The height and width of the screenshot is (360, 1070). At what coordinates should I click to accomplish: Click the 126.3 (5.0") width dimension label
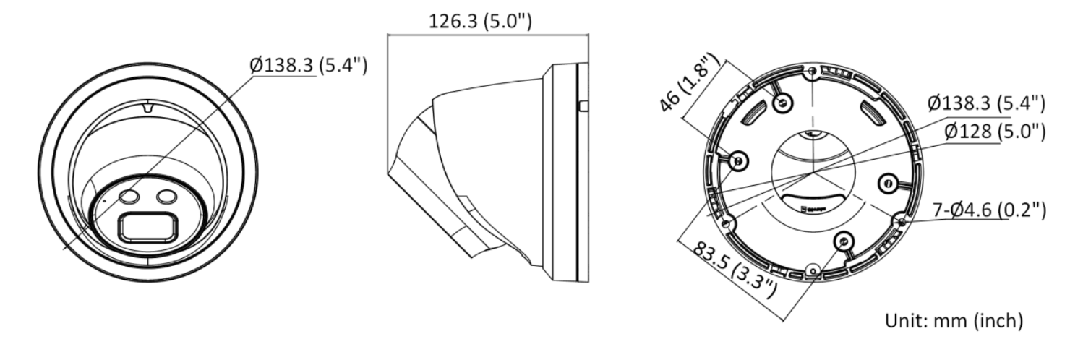coord(480,21)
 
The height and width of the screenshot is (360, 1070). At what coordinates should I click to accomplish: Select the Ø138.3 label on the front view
coord(309,64)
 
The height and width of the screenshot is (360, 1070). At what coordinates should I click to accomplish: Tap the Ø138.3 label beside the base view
coord(986,103)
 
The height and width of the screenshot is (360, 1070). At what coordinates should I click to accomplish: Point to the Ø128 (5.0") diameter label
coord(995,132)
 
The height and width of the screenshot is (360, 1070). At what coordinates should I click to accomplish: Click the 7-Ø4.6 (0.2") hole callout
coord(989,210)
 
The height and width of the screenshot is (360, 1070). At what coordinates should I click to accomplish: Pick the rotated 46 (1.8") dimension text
coord(689,82)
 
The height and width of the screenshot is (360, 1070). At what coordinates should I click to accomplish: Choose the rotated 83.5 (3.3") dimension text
coord(735,270)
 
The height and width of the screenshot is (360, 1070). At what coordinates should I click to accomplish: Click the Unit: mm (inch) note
coord(954,320)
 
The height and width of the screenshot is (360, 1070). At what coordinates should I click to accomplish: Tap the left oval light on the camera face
coord(129,196)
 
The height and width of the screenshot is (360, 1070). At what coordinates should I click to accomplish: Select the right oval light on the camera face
coord(167,196)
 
